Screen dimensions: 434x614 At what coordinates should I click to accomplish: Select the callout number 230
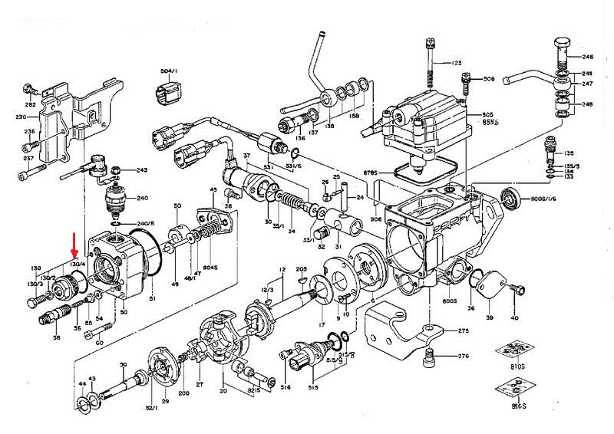[x=21, y=117]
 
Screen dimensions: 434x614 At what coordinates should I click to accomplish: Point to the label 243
[x=142, y=170]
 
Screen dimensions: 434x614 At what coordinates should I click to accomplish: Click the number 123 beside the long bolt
[x=457, y=63]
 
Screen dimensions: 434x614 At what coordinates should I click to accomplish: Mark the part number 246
[x=588, y=58]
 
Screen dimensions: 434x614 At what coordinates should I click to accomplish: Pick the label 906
[x=376, y=219]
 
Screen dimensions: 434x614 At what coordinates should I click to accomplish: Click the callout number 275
[x=463, y=331]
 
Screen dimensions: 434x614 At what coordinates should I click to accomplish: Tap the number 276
[x=463, y=357]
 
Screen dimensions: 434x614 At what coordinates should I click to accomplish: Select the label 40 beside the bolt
[x=514, y=318]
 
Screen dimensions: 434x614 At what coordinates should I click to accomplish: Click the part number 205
[x=301, y=269]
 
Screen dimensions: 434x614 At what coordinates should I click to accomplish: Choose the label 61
[x=152, y=298]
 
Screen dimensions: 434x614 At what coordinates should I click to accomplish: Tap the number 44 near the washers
[x=81, y=383]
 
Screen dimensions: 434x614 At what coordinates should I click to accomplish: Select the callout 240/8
[x=146, y=224]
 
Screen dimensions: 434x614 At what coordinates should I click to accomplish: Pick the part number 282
[x=30, y=104]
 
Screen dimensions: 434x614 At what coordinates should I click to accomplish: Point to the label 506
[x=488, y=78]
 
